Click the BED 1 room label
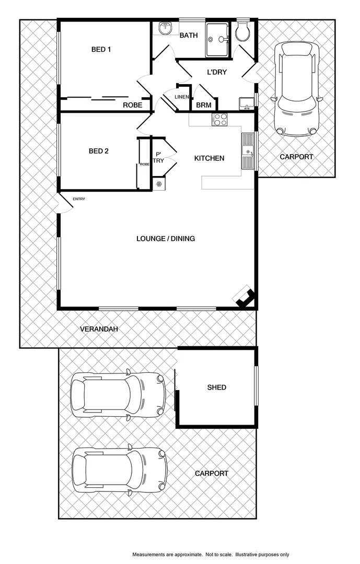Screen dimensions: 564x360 101,50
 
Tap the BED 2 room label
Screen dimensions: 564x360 99,151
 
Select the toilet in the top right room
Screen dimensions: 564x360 242,33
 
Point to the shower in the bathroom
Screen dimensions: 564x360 217,39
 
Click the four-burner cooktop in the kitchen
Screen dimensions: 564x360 219,120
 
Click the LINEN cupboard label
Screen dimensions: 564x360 181,97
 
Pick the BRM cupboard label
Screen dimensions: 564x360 203,105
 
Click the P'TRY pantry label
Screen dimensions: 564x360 158,158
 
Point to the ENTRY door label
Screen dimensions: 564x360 79,199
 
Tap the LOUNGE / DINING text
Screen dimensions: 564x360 166,239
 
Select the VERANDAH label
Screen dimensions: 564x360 99,329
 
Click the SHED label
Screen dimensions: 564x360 216,387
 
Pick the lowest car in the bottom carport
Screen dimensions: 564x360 119,471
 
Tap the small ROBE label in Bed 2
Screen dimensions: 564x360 144,164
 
